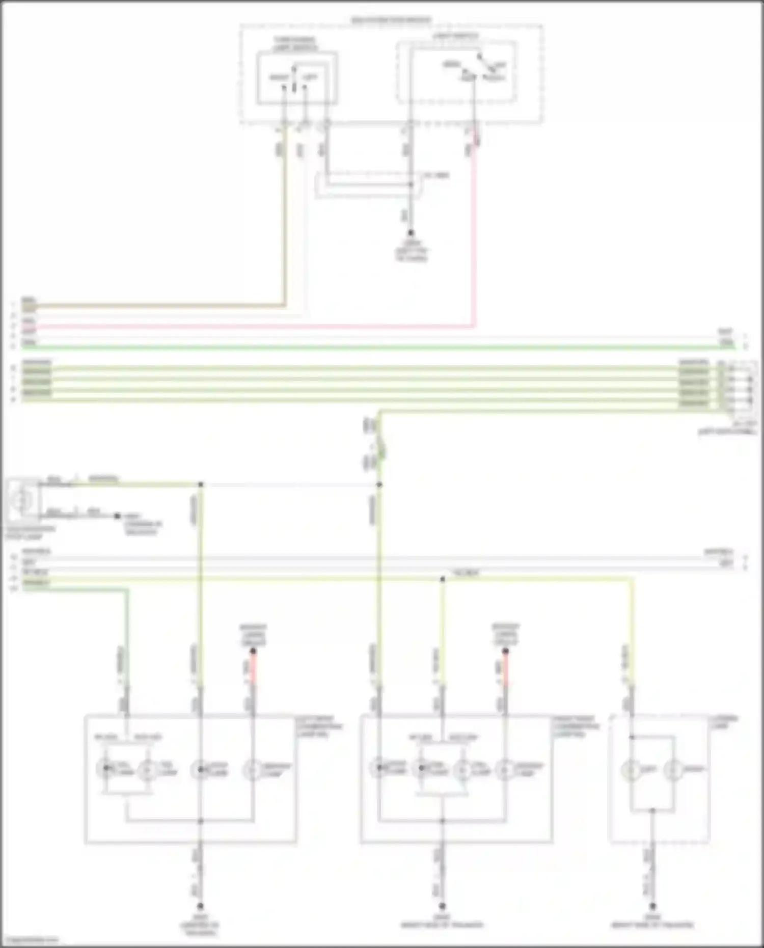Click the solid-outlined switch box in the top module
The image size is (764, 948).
point(296,78)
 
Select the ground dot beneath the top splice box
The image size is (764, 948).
point(411,233)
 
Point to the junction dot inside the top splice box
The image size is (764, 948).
point(411,184)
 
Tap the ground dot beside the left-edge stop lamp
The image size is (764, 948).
point(117,516)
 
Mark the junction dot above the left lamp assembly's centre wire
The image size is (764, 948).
point(200,484)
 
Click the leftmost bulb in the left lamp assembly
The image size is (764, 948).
point(105,769)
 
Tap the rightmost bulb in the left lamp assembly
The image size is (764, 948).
point(253,769)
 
